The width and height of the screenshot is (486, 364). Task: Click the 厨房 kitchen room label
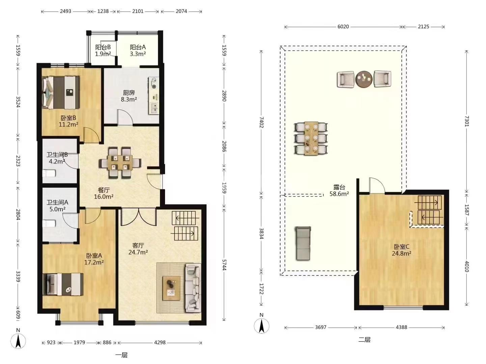click(129, 96)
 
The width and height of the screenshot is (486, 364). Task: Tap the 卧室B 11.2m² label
click(69, 121)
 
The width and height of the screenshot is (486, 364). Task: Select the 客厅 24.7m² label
click(138, 249)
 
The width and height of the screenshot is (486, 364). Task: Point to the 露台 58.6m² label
click(339, 190)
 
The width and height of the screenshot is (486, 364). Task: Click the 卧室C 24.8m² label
click(401, 250)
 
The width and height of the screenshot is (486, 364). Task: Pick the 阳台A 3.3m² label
click(138, 51)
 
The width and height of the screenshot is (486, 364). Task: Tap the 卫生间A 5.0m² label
click(57, 206)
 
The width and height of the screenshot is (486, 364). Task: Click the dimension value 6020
click(343, 27)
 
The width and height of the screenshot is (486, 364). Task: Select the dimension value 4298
click(160, 342)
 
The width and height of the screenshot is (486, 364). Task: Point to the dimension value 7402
click(262, 122)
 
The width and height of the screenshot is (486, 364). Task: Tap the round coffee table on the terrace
click(364, 79)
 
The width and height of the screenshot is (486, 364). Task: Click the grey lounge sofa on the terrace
click(303, 243)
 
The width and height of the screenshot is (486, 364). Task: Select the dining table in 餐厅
click(120, 162)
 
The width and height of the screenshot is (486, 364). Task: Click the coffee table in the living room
click(171, 288)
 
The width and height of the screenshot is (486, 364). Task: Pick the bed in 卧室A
click(63, 284)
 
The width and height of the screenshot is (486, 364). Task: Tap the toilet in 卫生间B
click(49, 173)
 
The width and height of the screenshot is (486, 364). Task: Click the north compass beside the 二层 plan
click(262, 326)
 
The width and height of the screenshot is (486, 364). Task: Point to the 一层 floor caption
click(122, 355)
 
